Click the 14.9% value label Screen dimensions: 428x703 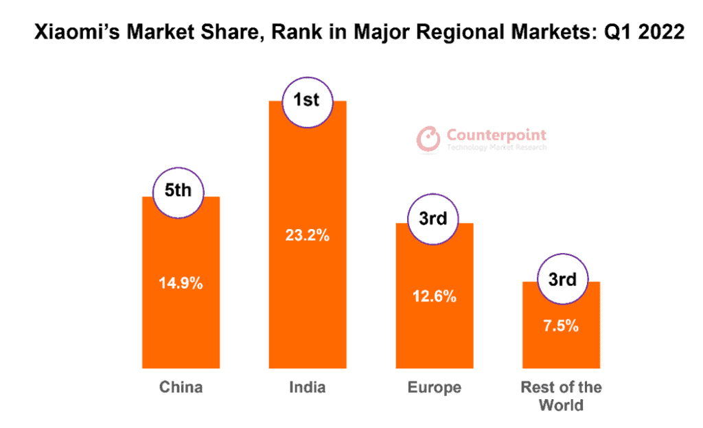181,283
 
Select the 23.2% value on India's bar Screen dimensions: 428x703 308,235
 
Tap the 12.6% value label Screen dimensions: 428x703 435,297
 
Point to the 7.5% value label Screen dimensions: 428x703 561,326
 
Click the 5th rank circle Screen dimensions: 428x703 178,191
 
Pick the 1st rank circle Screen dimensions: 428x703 306,101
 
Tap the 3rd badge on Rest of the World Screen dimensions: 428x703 562,279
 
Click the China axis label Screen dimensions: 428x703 181,388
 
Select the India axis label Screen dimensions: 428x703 308,388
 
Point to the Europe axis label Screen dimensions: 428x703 434,388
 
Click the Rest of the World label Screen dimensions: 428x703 561,396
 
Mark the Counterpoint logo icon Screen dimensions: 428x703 429,138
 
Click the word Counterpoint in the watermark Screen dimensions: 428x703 496,135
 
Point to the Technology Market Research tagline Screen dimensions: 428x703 496,147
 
